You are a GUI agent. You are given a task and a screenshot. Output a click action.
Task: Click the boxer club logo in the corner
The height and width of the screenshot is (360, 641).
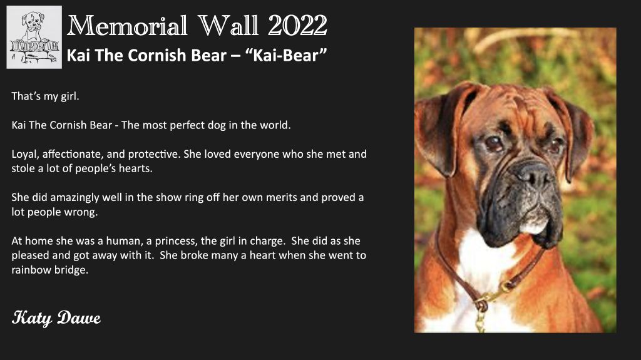coord(34,37)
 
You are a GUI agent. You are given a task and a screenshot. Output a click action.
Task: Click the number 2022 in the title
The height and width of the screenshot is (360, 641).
coord(297,26)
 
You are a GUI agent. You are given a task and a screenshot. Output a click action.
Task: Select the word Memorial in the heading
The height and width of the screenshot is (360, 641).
coord(127,26)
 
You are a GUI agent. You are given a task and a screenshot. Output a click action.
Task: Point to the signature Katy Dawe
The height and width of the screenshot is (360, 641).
coord(56,318)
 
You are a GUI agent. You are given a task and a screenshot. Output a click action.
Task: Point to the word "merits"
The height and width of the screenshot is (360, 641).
coord(282,198)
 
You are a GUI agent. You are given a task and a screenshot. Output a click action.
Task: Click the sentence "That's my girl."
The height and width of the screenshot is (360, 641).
coord(45,96)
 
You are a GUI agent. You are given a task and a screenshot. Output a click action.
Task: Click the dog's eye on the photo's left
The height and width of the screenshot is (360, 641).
coord(495,143)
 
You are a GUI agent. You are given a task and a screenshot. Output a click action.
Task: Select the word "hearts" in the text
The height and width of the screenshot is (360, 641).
coord(135,168)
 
